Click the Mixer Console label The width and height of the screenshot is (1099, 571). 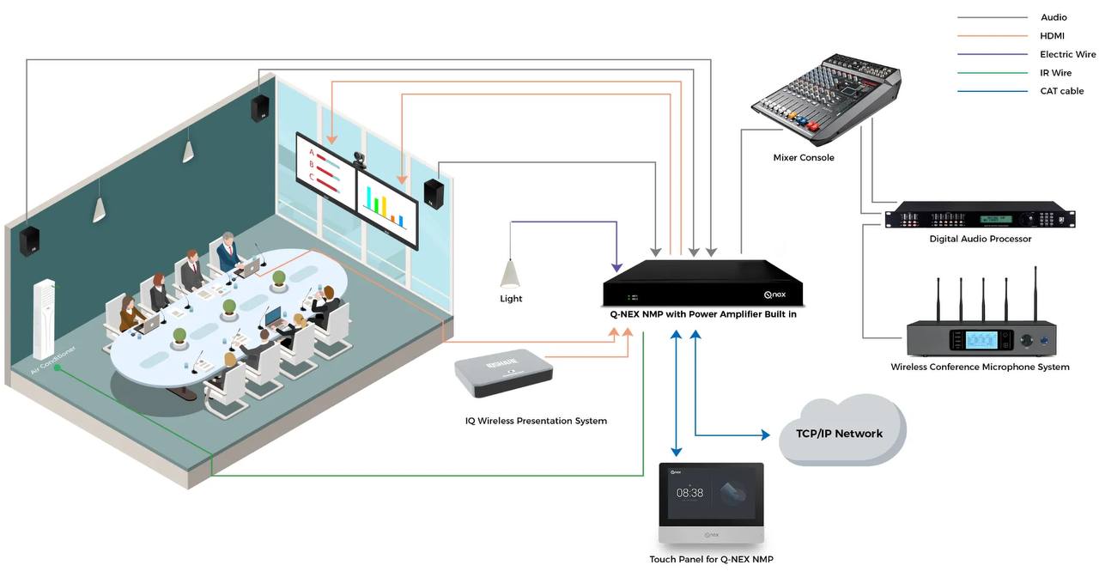[804, 158]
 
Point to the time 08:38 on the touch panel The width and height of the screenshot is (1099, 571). [689, 493]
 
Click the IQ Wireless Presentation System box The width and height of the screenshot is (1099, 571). [503, 374]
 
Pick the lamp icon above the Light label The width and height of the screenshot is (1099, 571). [510, 275]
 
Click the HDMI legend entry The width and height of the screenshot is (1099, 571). [1053, 36]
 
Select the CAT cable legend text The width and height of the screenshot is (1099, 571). [1062, 91]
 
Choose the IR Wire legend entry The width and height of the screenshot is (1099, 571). [1055, 73]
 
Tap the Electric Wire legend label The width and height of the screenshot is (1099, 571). [1067, 54]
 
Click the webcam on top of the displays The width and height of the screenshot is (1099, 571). [359, 160]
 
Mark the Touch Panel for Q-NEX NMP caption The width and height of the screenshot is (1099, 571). [711, 560]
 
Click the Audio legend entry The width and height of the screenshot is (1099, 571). [1053, 17]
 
